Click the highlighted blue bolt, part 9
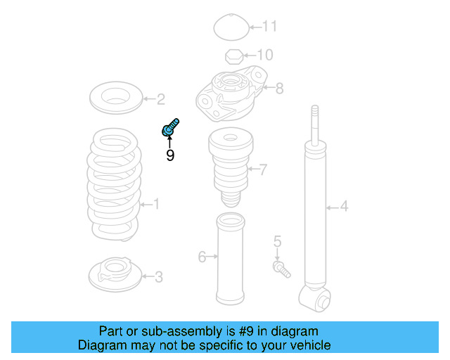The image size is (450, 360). pyautogui.click(x=170, y=128)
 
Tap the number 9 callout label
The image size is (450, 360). pyautogui.click(x=170, y=155)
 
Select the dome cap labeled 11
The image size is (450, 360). pyautogui.click(x=231, y=27)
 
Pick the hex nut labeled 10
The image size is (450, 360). pyautogui.click(x=234, y=56)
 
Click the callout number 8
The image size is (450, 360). pyautogui.click(x=279, y=88)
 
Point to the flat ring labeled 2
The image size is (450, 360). pyautogui.click(x=116, y=98)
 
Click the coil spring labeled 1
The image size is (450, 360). pyautogui.click(x=114, y=184)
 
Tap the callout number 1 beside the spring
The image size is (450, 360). pyautogui.click(x=156, y=204)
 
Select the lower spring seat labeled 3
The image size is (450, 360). pyautogui.click(x=115, y=274)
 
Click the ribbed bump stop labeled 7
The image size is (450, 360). pyautogui.click(x=231, y=167)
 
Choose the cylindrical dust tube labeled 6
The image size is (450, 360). pyautogui.click(x=231, y=259)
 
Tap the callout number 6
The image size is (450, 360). pyautogui.click(x=202, y=257)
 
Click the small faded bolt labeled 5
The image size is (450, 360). pyautogui.click(x=281, y=269)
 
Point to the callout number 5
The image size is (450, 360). pyautogui.click(x=277, y=241)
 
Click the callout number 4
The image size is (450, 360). pyautogui.click(x=344, y=207)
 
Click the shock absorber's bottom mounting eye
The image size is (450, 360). pyautogui.click(x=314, y=299)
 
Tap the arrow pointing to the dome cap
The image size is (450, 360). pyautogui.click(x=256, y=27)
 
